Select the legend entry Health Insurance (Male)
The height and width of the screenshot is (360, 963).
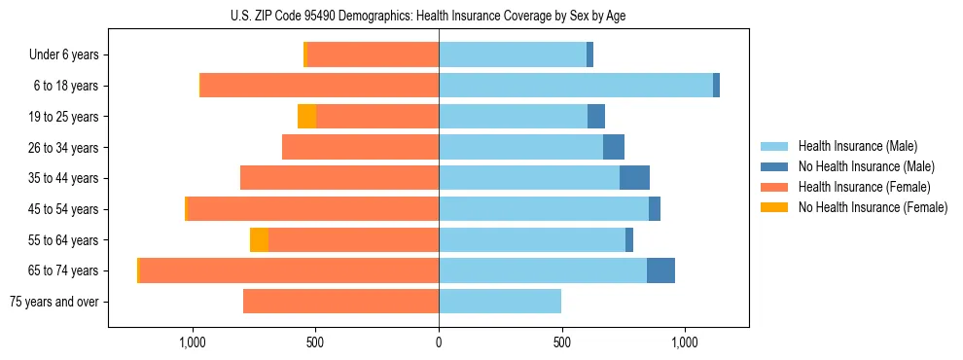pyautogui.click(x=856, y=146)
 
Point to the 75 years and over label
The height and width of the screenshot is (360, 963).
pyautogui.click(x=54, y=302)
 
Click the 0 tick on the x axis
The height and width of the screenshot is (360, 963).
pyautogui.click(x=439, y=342)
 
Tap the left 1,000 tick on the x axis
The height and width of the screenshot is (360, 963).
pyautogui.click(x=192, y=342)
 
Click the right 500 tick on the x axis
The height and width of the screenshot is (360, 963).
pyautogui.click(x=561, y=342)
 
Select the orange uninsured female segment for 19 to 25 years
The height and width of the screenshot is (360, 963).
pyautogui.click(x=306, y=117)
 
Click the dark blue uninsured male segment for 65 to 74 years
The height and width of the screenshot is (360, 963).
pyautogui.click(x=660, y=270)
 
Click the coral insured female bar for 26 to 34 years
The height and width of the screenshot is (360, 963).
pyautogui.click(x=360, y=147)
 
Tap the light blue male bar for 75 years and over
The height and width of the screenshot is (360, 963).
pyautogui.click(x=500, y=302)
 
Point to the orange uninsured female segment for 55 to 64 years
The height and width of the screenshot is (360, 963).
pyautogui.click(x=259, y=240)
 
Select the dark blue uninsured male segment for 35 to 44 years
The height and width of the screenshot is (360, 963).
pyautogui.click(x=634, y=178)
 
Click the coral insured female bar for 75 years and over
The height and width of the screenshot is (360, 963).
pyautogui.click(x=340, y=302)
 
